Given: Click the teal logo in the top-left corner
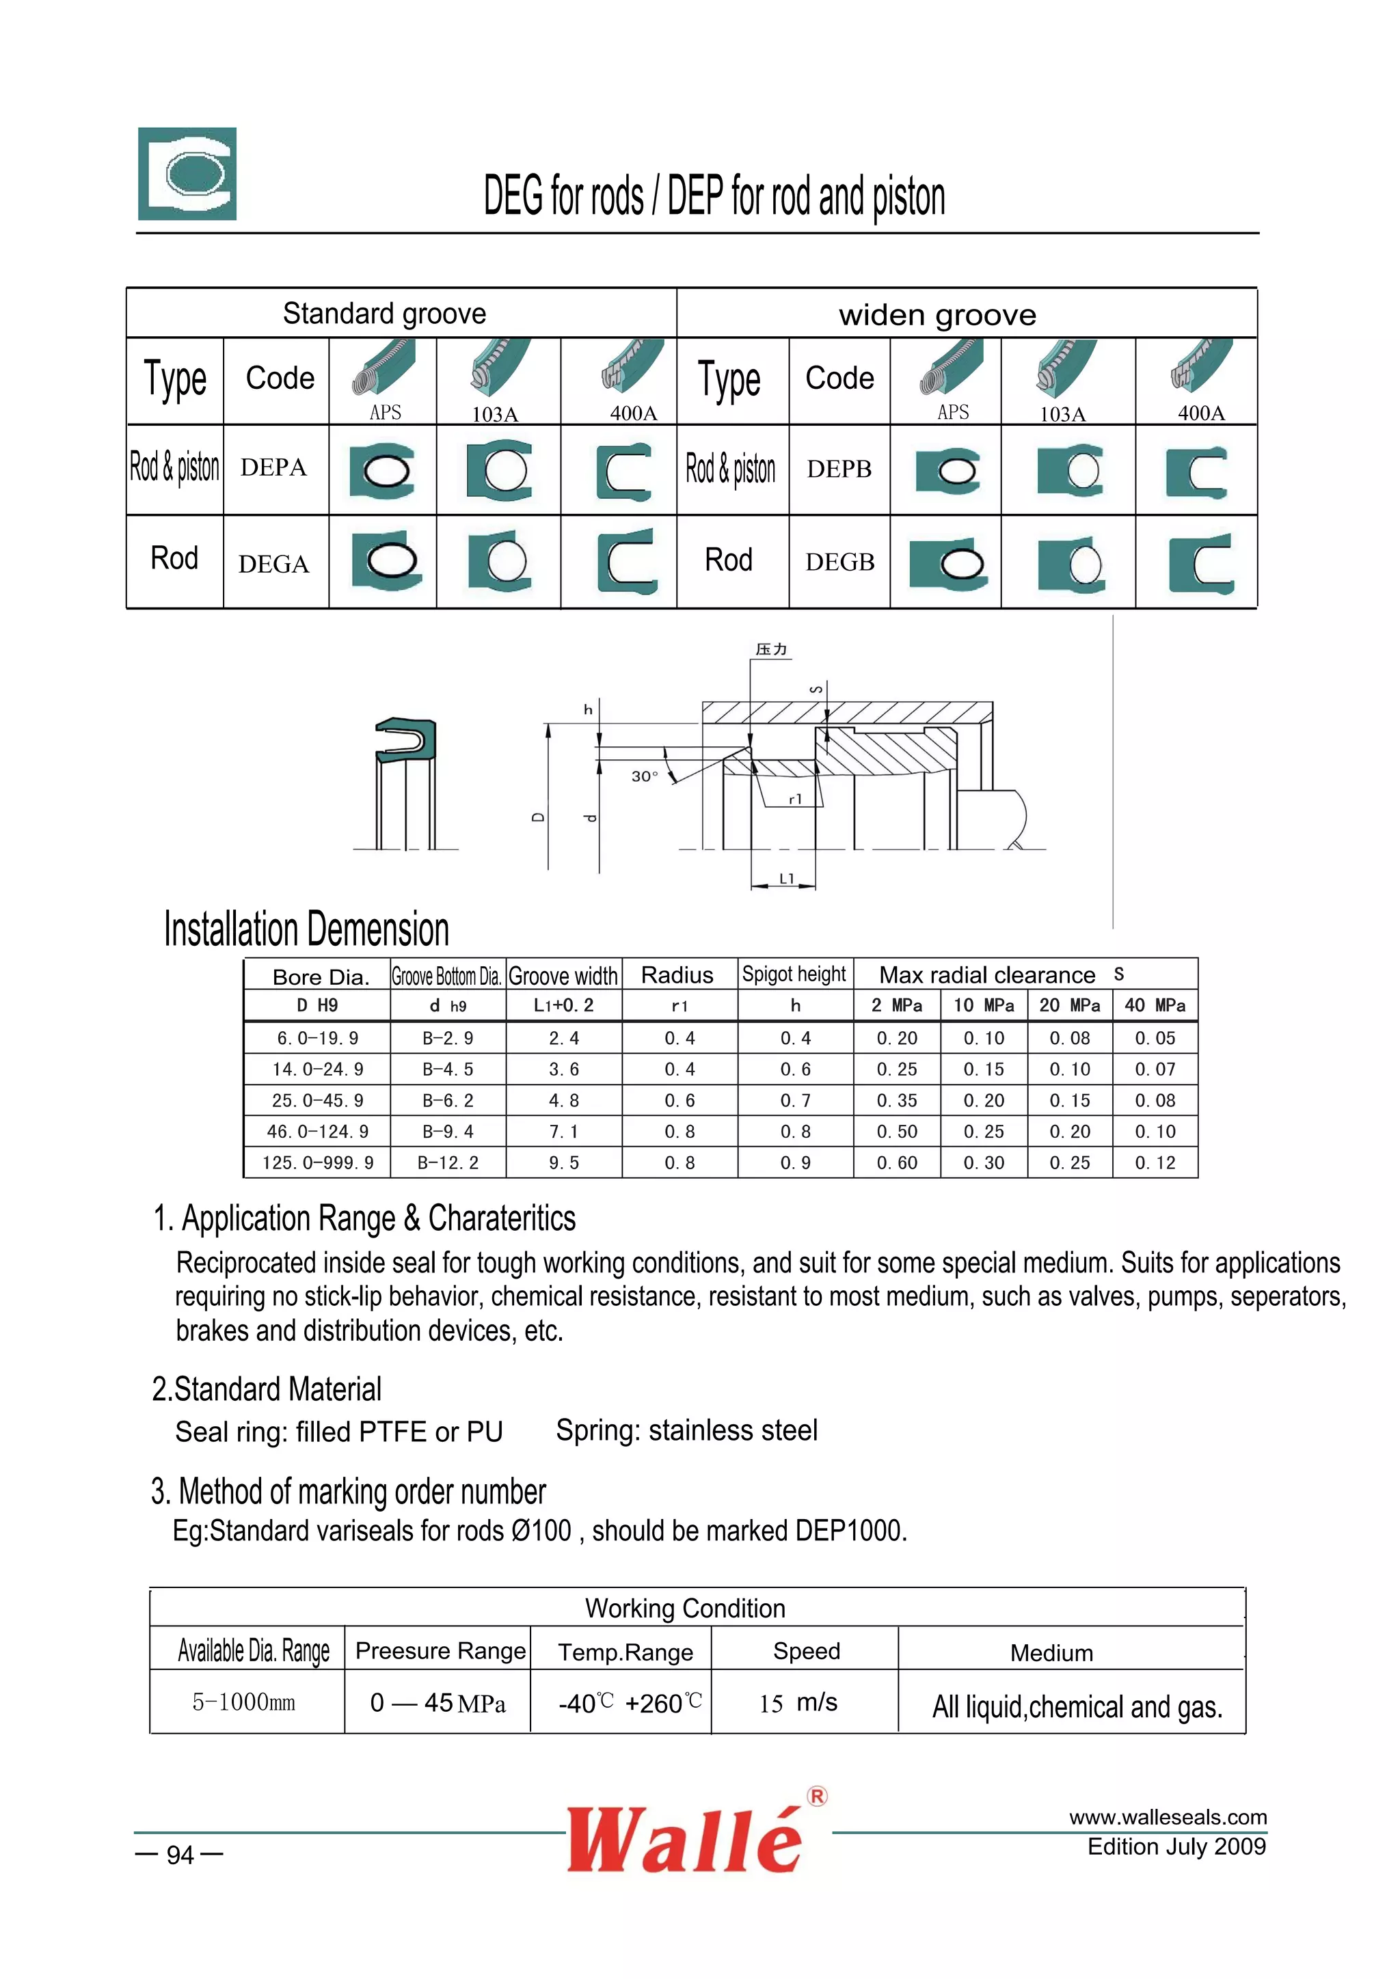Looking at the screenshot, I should tap(187, 174).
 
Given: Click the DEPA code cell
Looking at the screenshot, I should tap(273, 468).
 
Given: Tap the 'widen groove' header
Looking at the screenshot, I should tap(937, 314).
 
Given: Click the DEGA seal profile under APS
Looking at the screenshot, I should tap(387, 561).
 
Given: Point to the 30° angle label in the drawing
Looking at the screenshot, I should tap(644, 776).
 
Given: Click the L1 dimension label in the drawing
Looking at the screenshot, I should tap(786, 878).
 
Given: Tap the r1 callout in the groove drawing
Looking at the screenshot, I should tap(796, 799).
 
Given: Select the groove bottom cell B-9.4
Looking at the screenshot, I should tap(448, 1132).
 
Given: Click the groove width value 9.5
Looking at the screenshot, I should tap(564, 1163).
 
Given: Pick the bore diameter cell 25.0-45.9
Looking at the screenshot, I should tap(317, 1101).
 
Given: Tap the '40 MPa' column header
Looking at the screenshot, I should tap(1155, 1005).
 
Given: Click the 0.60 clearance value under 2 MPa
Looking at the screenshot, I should tap(897, 1163).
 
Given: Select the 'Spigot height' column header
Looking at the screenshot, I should tap(794, 975).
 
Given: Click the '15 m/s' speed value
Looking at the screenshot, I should tap(798, 1702).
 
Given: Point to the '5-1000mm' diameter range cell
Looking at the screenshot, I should tap(244, 1702).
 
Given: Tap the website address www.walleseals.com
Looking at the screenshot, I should tap(1168, 1818).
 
